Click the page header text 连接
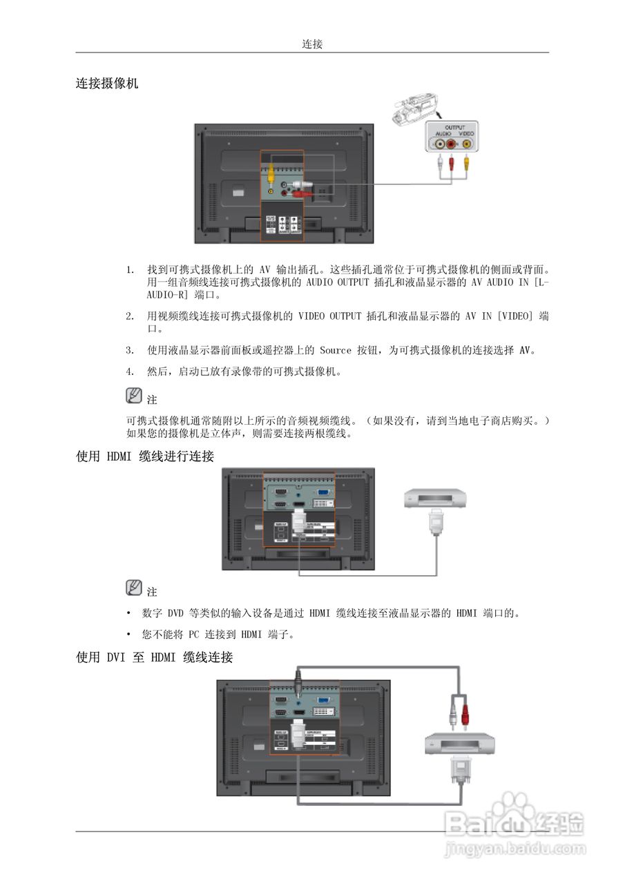312,44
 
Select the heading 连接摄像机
107,84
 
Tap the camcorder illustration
412,110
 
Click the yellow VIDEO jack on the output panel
468,144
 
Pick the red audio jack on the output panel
452,144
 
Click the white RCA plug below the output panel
440,164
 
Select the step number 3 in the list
130,350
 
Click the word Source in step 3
336,350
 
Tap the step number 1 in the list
130,269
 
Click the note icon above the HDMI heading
134,396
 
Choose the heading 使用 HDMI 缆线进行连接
145,457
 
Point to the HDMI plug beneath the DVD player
436,521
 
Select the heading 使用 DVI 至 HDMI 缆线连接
154,657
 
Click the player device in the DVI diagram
459,744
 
